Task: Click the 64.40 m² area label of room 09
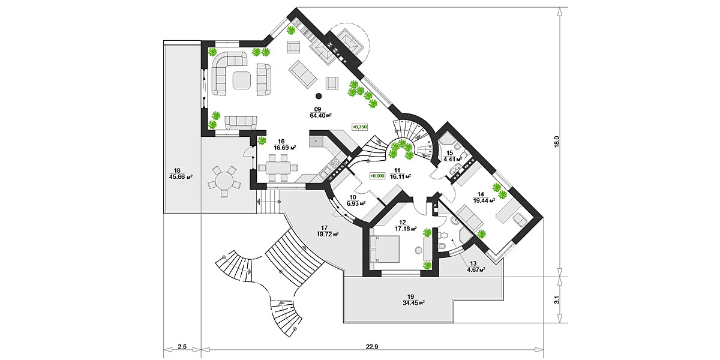[x=321, y=115]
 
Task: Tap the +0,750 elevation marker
[x=359, y=127]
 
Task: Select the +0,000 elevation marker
[x=377, y=175]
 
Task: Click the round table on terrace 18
[x=223, y=180]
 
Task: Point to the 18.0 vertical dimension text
[x=556, y=141]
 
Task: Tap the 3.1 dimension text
[x=556, y=299]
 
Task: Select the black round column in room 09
[x=319, y=96]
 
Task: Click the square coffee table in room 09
[x=242, y=80]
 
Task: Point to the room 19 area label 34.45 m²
[x=411, y=302]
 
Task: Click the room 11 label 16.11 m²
[x=400, y=177]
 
